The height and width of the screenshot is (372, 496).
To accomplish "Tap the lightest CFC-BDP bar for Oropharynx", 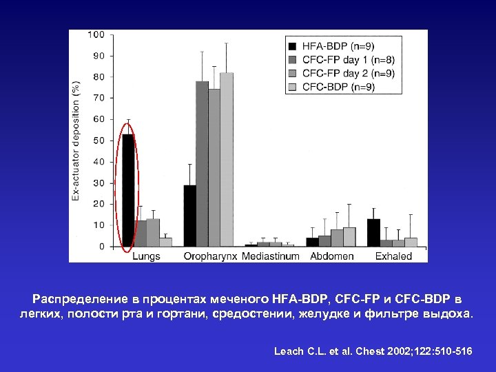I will coord(227,159).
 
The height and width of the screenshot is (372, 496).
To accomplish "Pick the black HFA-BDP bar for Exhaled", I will coord(373,233).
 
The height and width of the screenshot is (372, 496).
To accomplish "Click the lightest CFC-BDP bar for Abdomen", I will coord(349,237).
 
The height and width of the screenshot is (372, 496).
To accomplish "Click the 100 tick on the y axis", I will coord(96,34).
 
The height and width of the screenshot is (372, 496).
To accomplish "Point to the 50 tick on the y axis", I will coord(99,141).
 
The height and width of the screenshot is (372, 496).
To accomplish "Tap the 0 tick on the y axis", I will coord(102,247).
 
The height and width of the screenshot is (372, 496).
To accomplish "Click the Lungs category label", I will coord(145,256).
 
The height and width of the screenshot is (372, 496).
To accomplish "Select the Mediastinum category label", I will coord(270,256).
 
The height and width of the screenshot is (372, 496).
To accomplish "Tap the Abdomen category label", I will coord(332,256).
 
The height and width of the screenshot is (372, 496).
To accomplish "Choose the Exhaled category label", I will coord(393,256).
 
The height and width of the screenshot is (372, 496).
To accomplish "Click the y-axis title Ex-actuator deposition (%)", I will coord(76,141).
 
